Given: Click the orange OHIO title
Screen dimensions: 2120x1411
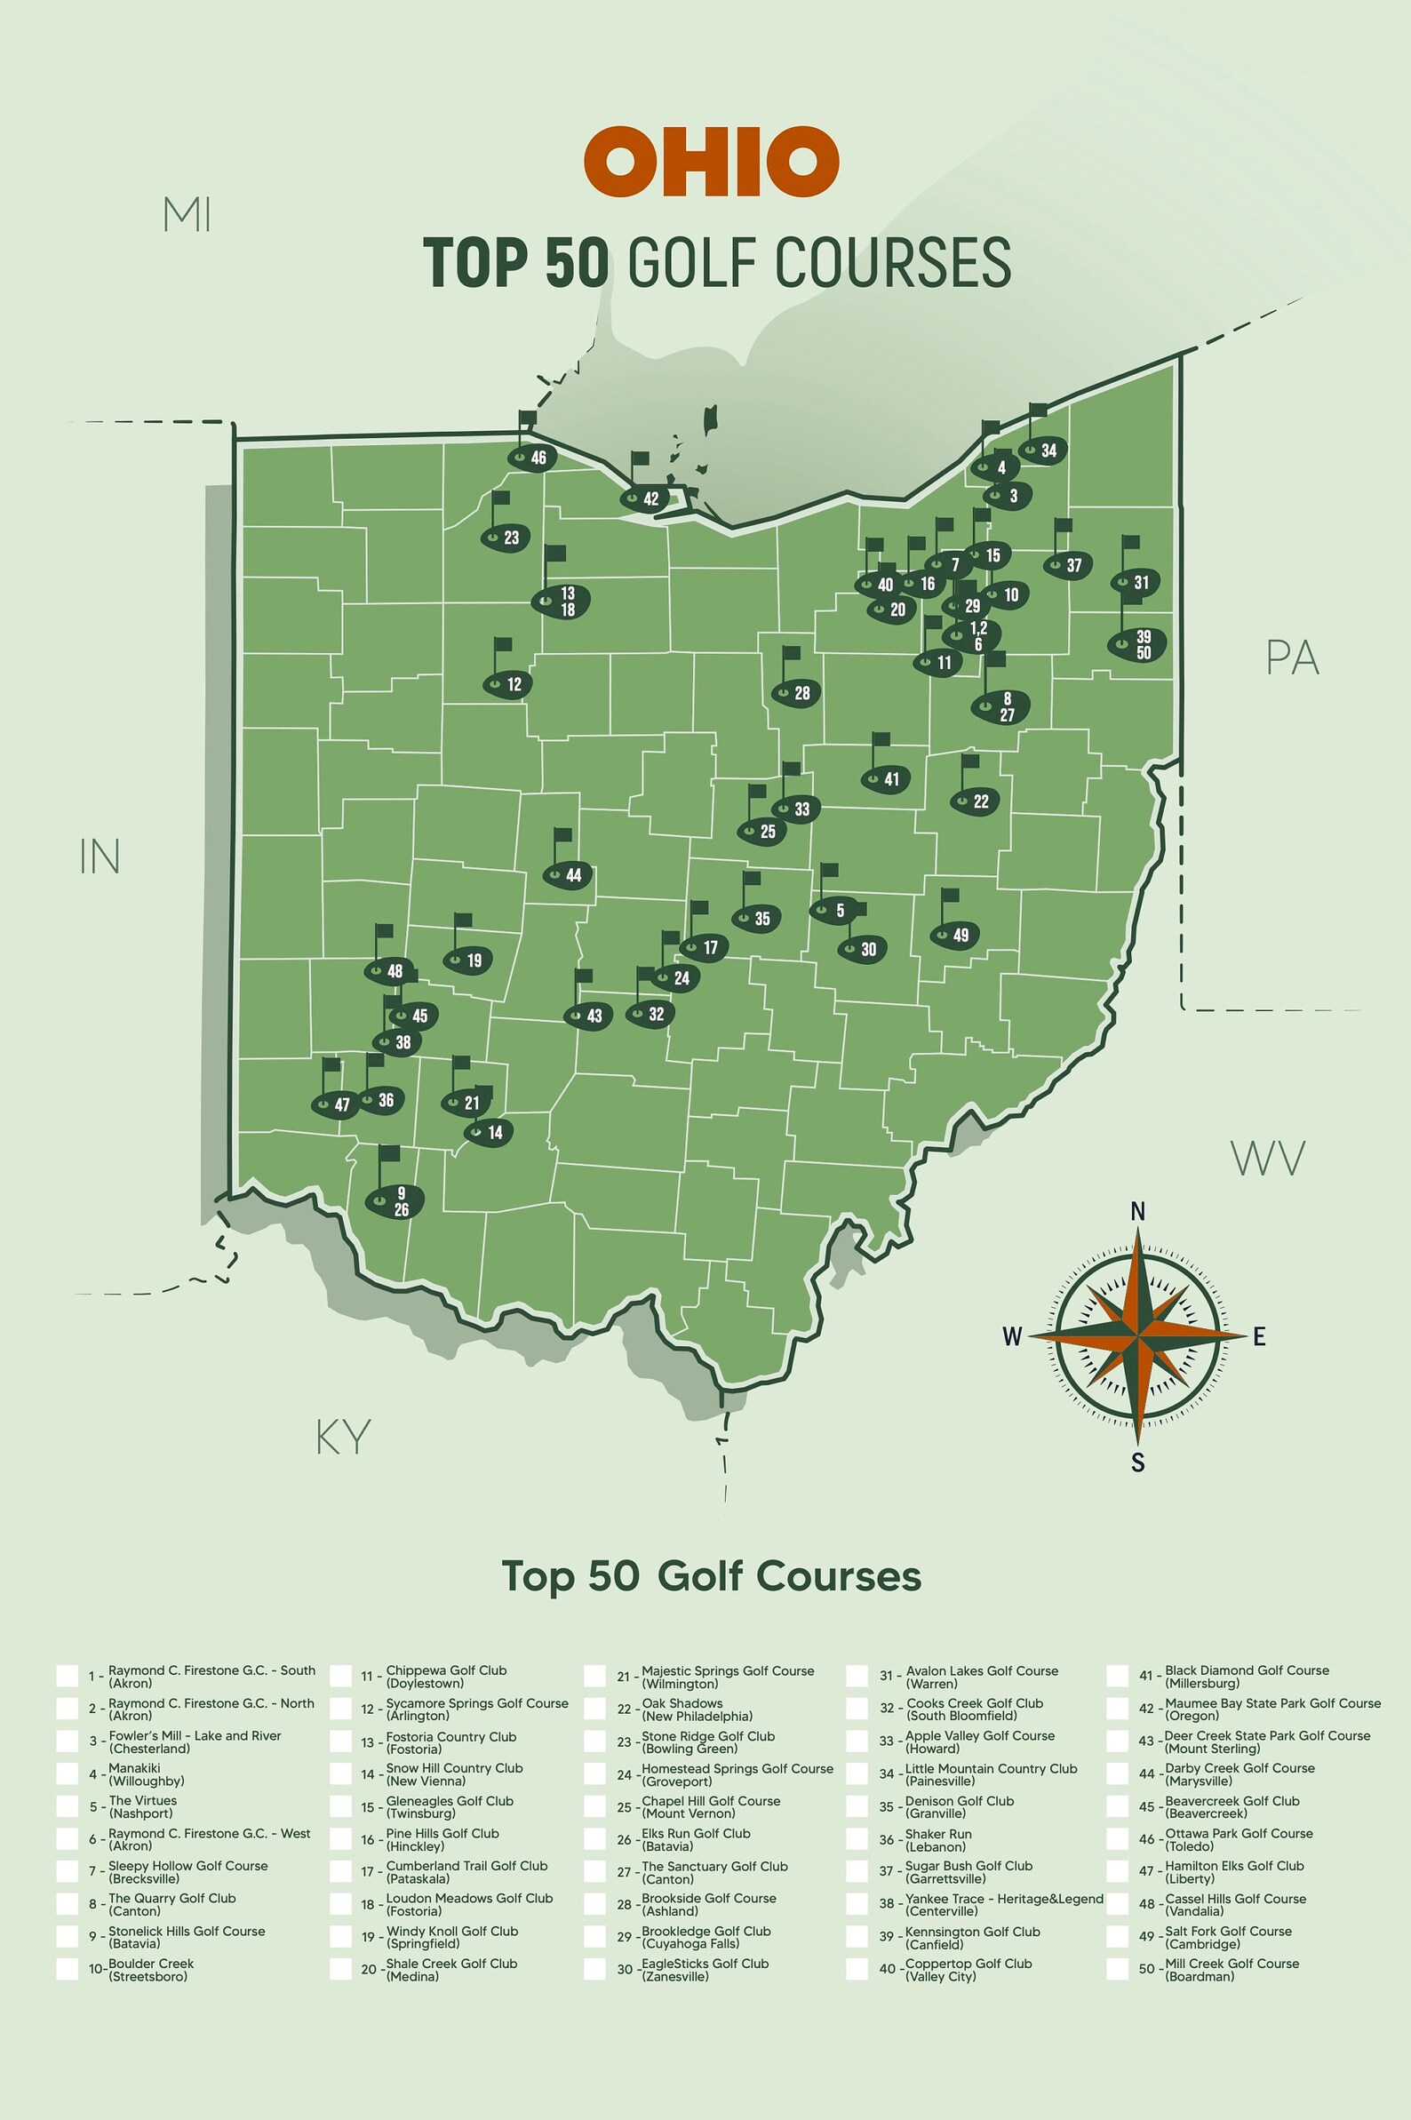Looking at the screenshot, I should click(x=711, y=162).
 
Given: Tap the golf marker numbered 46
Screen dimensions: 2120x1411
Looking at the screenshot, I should click(x=533, y=457).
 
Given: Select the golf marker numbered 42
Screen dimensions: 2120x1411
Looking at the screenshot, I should click(x=645, y=498).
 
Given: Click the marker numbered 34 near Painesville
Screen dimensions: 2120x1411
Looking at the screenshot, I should click(x=1043, y=450).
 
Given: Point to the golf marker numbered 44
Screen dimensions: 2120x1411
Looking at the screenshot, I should click(x=568, y=874).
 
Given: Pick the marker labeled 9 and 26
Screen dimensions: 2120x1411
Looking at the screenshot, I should click(x=395, y=1201).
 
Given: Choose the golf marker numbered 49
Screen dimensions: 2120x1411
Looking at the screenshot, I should click(x=955, y=935).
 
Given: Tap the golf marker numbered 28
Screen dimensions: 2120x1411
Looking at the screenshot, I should click(x=796, y=693).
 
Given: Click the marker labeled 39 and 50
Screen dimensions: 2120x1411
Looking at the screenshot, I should click(x=1137, y=645).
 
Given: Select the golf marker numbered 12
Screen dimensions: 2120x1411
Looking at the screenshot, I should click(x=508, y=684).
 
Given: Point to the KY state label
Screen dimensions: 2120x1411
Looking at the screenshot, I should click(x=343, y=1437).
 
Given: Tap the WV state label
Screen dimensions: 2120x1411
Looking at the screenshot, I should click(x=1267, y=1159).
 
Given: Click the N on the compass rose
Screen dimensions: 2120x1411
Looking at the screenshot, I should click(x=1137, y=1213).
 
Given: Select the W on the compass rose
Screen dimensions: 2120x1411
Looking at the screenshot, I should click(x=1012, y=1336).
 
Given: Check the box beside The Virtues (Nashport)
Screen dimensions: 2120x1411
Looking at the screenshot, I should click(x=68, y=1806).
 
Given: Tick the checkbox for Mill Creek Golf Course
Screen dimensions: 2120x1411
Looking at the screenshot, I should click(x=1118, y=1969).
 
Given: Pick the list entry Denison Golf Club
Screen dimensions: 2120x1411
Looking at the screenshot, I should click(x=959, y=1806).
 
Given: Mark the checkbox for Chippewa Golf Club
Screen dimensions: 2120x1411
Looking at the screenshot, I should click(x=340, y=1676).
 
